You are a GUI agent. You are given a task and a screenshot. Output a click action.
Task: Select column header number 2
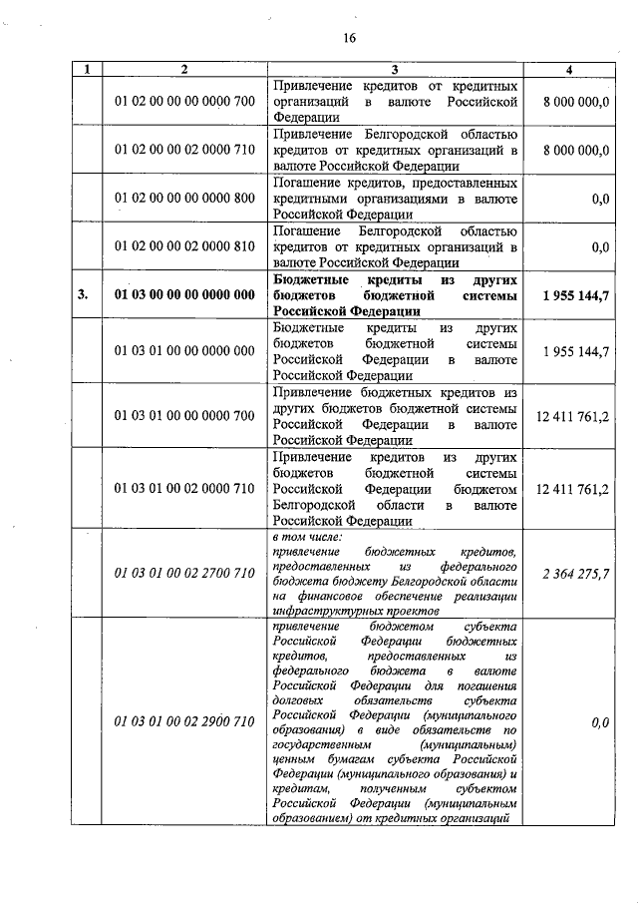(x=183, y=70)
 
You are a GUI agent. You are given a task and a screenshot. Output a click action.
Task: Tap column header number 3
(x=395, y=70)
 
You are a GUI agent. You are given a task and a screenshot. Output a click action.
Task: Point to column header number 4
(x=568, y=70)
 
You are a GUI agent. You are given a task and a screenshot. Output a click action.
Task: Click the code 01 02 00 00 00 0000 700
(x=184, y=102)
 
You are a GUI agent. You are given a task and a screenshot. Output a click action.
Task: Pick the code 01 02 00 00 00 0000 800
(x=184, y=199)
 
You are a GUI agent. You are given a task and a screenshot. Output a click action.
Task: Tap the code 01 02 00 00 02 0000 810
(x=184, y=245)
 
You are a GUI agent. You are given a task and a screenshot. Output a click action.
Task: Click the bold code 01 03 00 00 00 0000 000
(x=184, y=294)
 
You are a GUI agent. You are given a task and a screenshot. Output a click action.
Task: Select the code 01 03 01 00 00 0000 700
(x=184, y=415)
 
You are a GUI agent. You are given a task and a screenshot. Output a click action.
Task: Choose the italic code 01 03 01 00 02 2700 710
(x=184, y=575)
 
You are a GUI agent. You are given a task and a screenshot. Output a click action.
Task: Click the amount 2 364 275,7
(x=575, y=575)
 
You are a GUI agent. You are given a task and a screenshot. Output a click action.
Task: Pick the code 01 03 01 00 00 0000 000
(x=184, y=350)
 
